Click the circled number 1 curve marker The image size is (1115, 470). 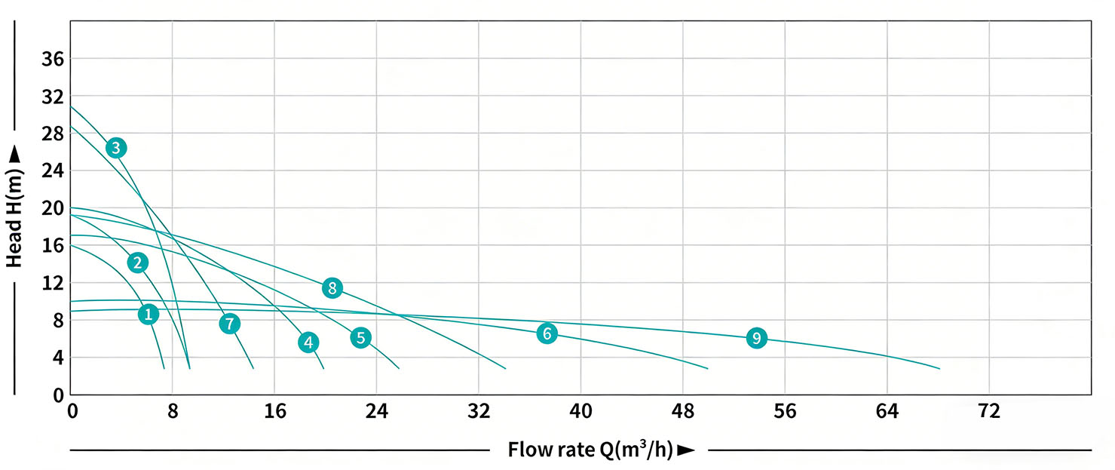[149, 314]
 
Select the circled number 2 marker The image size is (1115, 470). [137, 263]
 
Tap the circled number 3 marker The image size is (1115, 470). [115, 148]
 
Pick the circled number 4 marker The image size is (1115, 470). [308, 343]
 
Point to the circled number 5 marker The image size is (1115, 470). [360, 337]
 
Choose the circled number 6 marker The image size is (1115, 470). [547, 333]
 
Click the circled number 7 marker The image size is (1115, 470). [230, 324]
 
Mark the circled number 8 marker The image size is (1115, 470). [332, 287]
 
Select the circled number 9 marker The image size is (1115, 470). [757, 338]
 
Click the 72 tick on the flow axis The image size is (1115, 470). [988, 412]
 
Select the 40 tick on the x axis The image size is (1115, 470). [580, 412]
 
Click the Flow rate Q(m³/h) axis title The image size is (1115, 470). [590, 450]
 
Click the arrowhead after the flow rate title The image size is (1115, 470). [685, 450]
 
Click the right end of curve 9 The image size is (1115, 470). [939, 368]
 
